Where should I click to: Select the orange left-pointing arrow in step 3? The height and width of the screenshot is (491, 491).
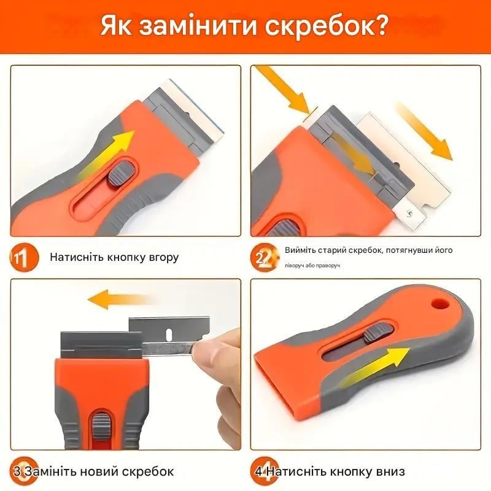(119, 300)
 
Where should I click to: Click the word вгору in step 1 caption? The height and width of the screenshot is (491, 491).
(161, 257)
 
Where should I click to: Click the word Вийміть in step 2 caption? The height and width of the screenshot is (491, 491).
(301, 250)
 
